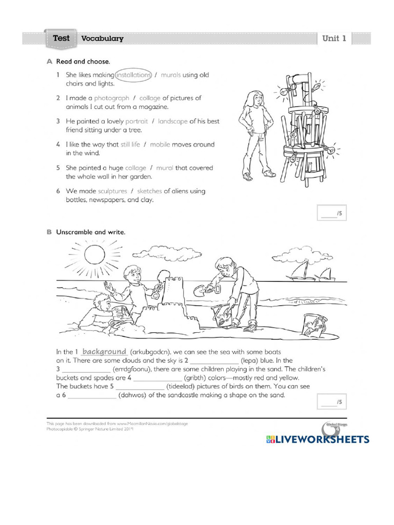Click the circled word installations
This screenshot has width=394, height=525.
(x=134, y=75)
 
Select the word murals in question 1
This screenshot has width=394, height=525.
(x=170, y=75)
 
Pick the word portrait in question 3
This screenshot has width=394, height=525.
(x=136, y=121)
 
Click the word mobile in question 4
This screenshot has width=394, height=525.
(x=160, y=145)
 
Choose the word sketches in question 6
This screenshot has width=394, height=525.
(x=149, y=191)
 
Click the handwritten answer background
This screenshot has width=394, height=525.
(x=105, y=352)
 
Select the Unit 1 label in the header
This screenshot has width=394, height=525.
(x=334, y=38)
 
